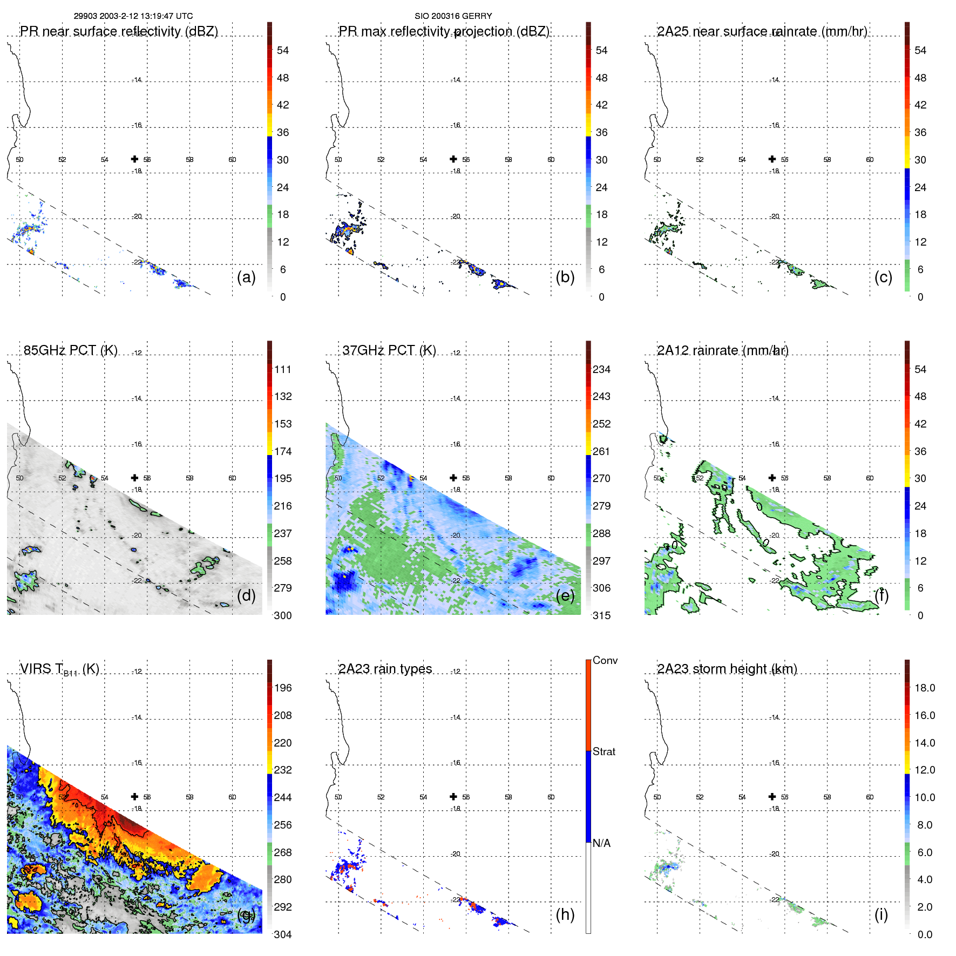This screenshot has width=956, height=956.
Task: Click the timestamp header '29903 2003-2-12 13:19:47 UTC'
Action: pyautogui.click(x=133, y=16)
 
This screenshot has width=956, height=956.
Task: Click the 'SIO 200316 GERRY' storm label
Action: pyautogui.click(x=453, y=16)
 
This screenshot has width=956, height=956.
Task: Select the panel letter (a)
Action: pyautogui.click(x=246, y=277)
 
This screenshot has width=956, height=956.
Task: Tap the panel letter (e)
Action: pyautogui.click(x=565, y=595)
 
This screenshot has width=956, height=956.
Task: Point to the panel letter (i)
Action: pyautogui.click(x=881, y=914)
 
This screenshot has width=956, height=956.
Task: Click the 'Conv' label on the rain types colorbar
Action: pyautogui.click(x=605, y=660)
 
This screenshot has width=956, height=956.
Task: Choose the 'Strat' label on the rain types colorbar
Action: pyautogui.click(x=604, y=751)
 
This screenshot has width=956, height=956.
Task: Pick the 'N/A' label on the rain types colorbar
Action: pyautogui.click(x=601, y=843)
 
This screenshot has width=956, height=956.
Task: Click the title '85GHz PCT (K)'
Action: pyautogui.click(x=70, y=350)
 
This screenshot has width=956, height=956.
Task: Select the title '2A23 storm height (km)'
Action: pyautogui.click(x=727, y=669)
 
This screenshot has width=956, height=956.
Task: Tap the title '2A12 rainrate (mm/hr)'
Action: pyautogui.click(x=722, y=350)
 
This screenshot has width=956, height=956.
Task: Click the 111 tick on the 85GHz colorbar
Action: pyautogui.click(x=282, y=369)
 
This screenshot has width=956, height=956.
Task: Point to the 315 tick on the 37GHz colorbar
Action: pyautogui.click(x=601, y=615)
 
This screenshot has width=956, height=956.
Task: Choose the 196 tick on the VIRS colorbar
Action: pyautogui.click(x=282, y=688)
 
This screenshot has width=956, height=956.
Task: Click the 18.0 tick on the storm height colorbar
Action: pyautogui.click(x=924, y=688)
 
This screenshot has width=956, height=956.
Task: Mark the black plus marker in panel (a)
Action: pyautogui.click(x=134, y=159)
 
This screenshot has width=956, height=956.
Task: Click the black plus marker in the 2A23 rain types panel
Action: pyautogui.click(x=453, y=797)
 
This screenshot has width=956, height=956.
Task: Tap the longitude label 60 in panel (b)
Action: pyautogui.click(x=551, y=160)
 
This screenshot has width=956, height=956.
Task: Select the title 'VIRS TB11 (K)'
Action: pyautogui.click(x=59, y=669)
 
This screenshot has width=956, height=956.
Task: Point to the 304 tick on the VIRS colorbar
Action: pyautogui.click(x=282, y=934)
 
